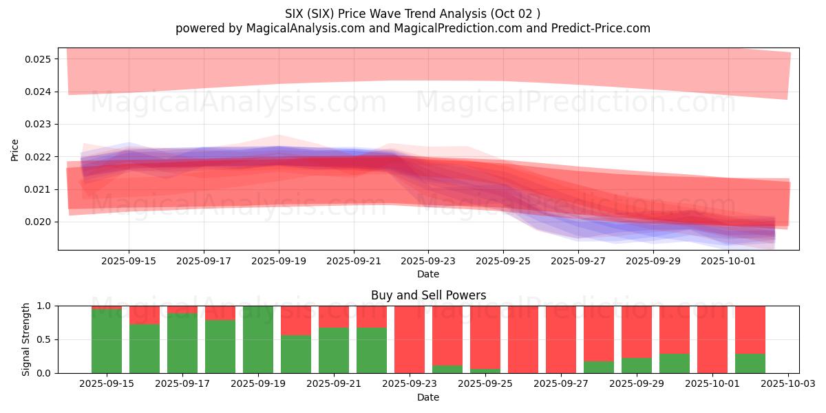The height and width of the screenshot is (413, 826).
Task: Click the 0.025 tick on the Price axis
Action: (40, 59)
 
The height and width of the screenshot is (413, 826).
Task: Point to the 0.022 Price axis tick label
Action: (40, 157)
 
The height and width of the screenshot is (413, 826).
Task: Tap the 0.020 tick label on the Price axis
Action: (40, 222)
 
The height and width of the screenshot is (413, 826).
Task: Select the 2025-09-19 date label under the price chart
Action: (279, 262)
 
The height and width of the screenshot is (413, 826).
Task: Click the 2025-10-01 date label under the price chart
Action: (728, 262)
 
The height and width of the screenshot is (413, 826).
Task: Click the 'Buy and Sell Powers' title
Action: (428, 295)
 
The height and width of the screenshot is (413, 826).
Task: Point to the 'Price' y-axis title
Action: (16, 149)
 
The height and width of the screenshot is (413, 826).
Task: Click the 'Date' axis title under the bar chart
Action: (428, 397)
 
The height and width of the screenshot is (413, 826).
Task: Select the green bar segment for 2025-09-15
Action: (107, 341)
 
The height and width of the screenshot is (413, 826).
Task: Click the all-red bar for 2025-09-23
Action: (410, 339)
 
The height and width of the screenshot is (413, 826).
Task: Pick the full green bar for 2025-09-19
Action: (258, 339)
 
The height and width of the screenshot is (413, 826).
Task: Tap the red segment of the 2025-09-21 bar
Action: (334, 317)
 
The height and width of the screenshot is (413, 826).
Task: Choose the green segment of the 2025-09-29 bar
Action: (637, 366)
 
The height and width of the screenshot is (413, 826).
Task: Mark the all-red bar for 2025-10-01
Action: (712, 339)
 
